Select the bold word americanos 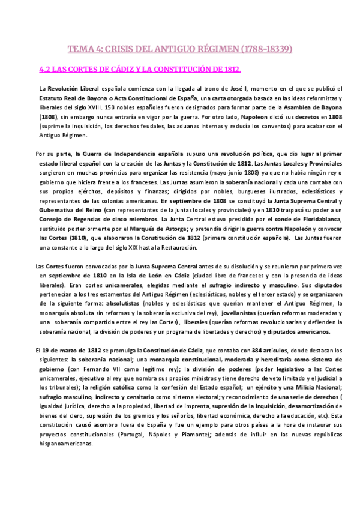coord(318,333)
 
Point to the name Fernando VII coord(84,369)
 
